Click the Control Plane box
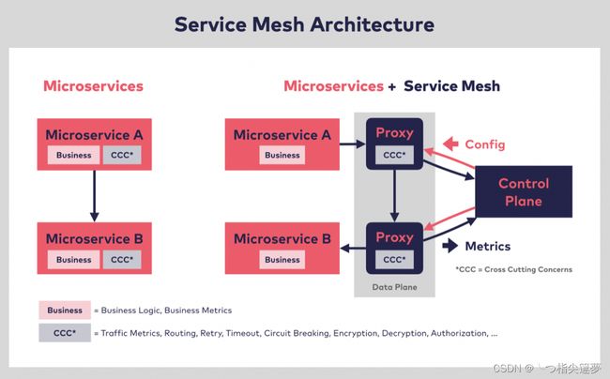(x=524, y=191)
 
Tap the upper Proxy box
(x=394, y=144)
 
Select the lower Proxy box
(x=394, y=248)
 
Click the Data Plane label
(x=394, y=287)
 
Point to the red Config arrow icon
(x=450, y=144)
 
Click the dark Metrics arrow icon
(x=450, y=246)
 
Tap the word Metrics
(x=488, y=246)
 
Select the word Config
(x=485, y=144)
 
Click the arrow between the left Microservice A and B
(x=94, y=196)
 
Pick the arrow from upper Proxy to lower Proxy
(x=394, y=196)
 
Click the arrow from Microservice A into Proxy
(x=353, y=144)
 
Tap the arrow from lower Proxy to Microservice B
(x=353, y=248)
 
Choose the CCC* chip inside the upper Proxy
(x=394, y=155)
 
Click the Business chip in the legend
(x=65, y=311)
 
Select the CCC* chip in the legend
(x=65, y=333)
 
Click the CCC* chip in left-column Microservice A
(x=122, y=155)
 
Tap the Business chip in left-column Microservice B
(x=74, y=260)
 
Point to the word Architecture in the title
(x=372, y=24)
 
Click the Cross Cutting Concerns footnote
(x=514, y=269)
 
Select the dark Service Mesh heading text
(x=451, y=86)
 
